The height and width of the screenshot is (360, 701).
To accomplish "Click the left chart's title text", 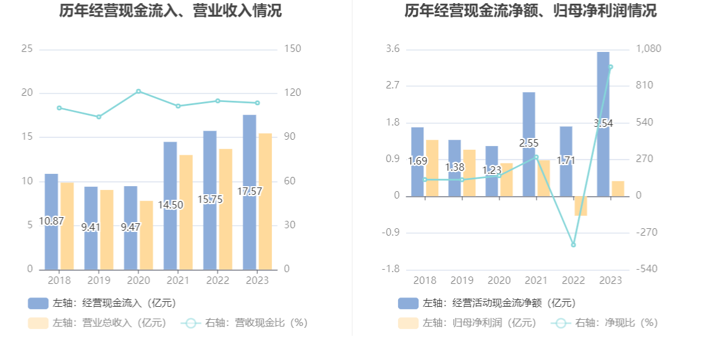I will coord(171,11).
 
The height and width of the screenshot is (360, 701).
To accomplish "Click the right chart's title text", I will coord(531,11).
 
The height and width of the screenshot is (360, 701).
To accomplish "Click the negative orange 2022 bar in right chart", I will coord(580,206).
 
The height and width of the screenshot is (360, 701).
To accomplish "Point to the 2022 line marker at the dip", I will coord(573,245).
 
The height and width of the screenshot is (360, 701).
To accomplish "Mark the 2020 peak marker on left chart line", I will coord(138,92).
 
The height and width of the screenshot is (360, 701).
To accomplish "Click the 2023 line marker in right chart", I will coord(610,67).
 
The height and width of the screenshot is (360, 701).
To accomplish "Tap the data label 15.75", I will coord(210,199).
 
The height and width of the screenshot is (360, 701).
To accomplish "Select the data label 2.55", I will coord(529,144).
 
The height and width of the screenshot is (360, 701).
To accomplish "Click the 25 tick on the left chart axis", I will coord(27,49).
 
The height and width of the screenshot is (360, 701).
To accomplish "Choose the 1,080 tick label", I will coord(649,49).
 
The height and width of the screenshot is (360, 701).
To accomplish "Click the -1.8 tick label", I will coord(393,270).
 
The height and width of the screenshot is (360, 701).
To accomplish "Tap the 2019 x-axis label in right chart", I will coord(462,281).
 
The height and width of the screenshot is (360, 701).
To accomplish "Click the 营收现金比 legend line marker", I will coord(191,323).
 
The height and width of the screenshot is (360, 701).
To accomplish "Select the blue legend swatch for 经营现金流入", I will coord(38,303).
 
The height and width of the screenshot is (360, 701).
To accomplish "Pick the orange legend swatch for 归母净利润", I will coord(408,323).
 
